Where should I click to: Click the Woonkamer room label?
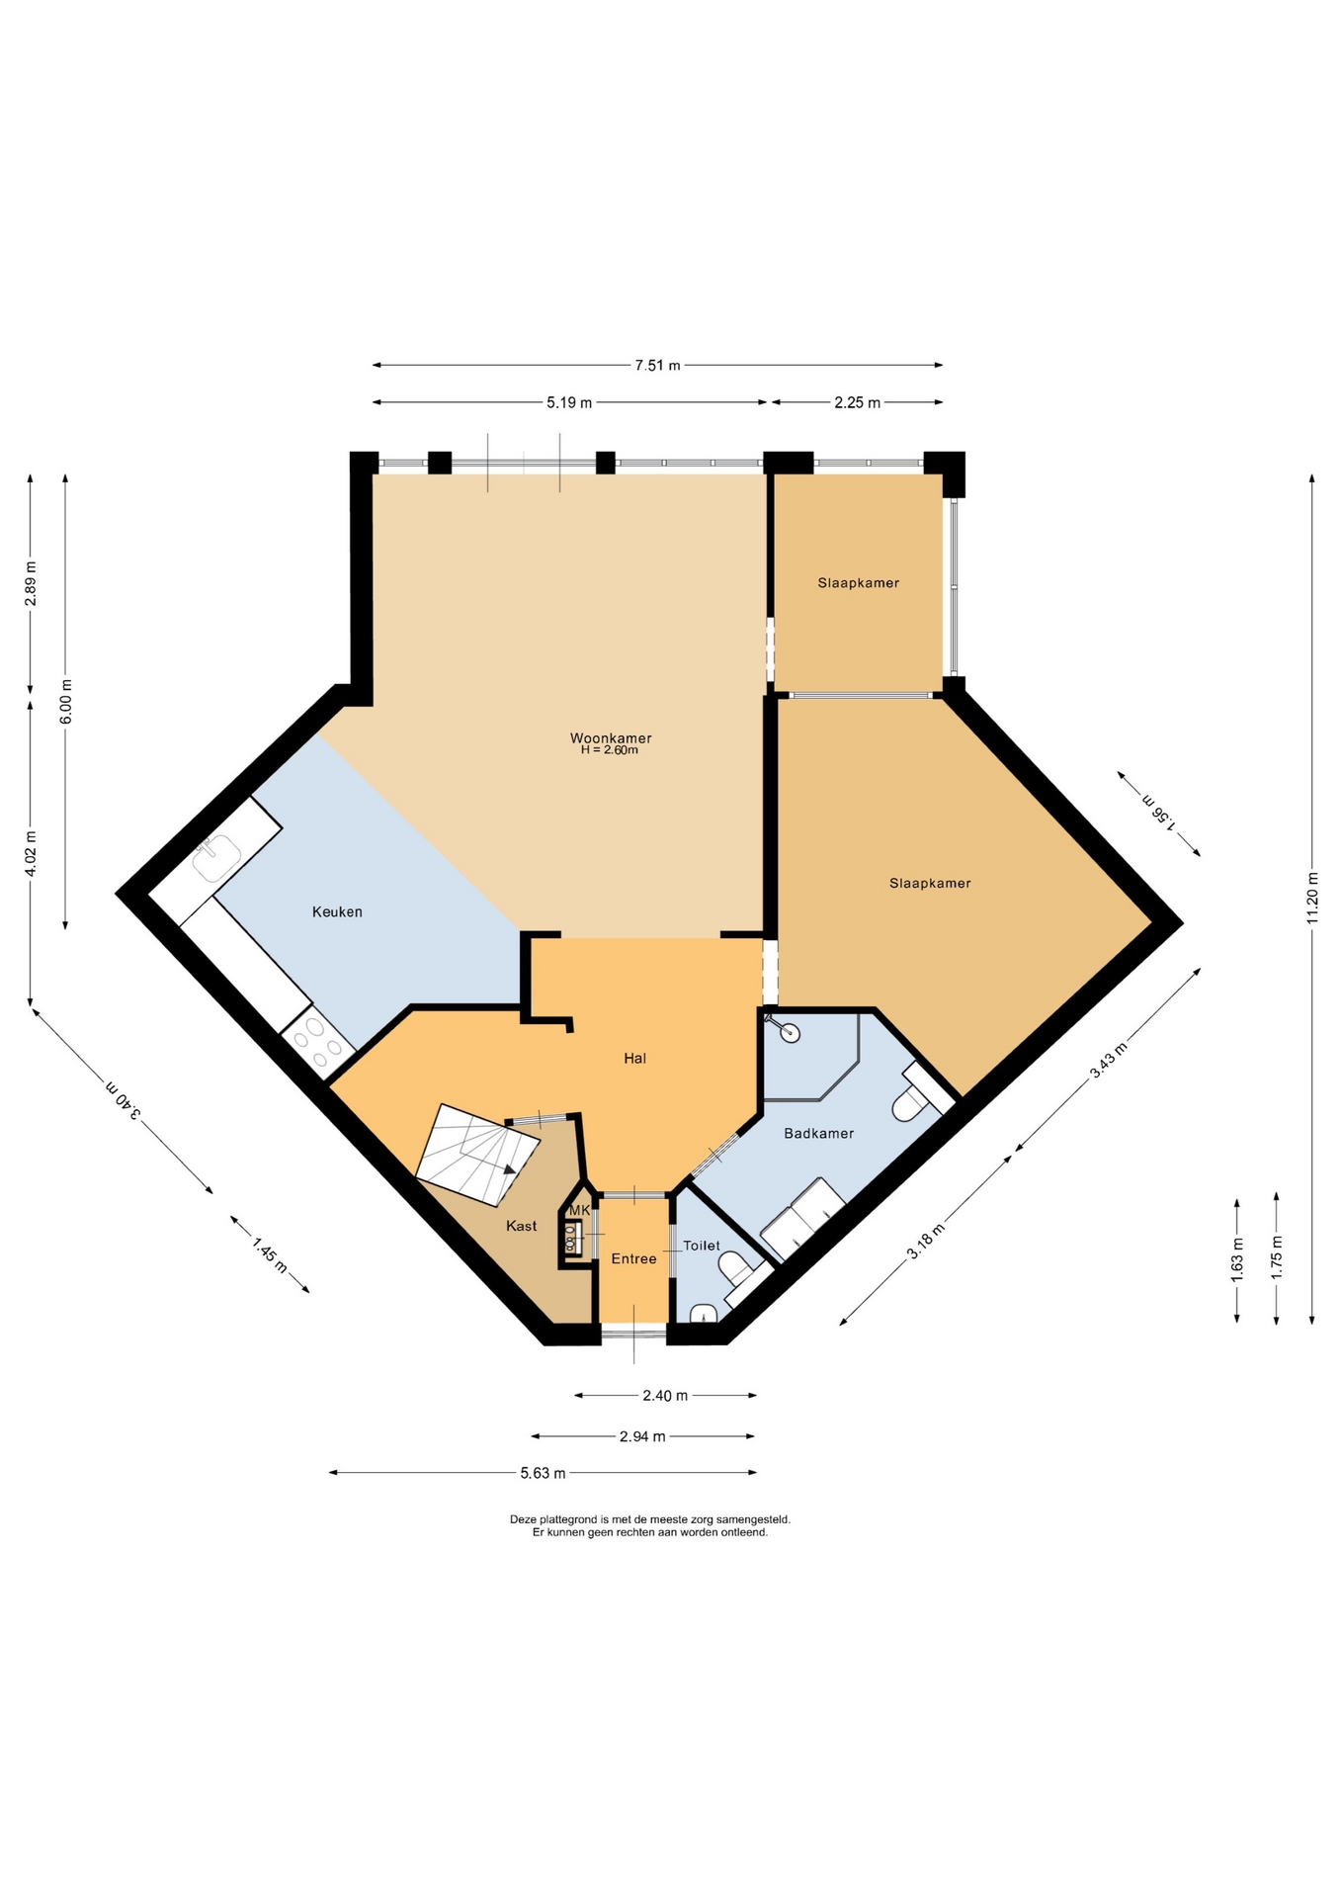611,738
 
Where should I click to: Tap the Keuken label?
337,911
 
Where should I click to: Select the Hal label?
634,1058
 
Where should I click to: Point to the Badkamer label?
818,1133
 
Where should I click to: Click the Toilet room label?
702,1246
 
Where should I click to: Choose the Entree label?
633,1258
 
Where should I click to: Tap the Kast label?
521,1226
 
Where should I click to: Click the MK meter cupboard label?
579,1210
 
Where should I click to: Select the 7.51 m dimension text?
657,366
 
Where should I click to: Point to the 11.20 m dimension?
1312,898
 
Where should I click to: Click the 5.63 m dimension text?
543,1473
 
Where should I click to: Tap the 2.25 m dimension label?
857,402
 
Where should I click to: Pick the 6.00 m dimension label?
66,702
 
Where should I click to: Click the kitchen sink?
216,856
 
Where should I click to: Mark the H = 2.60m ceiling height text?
609,750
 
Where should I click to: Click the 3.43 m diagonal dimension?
1108,1061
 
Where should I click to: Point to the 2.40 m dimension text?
665,1396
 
